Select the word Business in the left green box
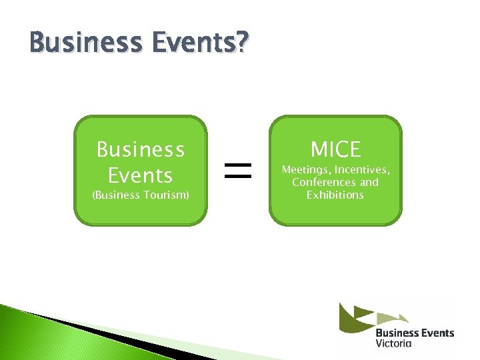(141, 149)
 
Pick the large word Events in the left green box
(141, 175)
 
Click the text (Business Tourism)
(141, 195)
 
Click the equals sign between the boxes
(238, 171)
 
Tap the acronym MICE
(335, 149)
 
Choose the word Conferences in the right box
(324, 182)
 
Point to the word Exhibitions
(335, 195)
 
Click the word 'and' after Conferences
(369, 182)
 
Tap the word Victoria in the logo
(393, 343)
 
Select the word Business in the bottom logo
(397, 332)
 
